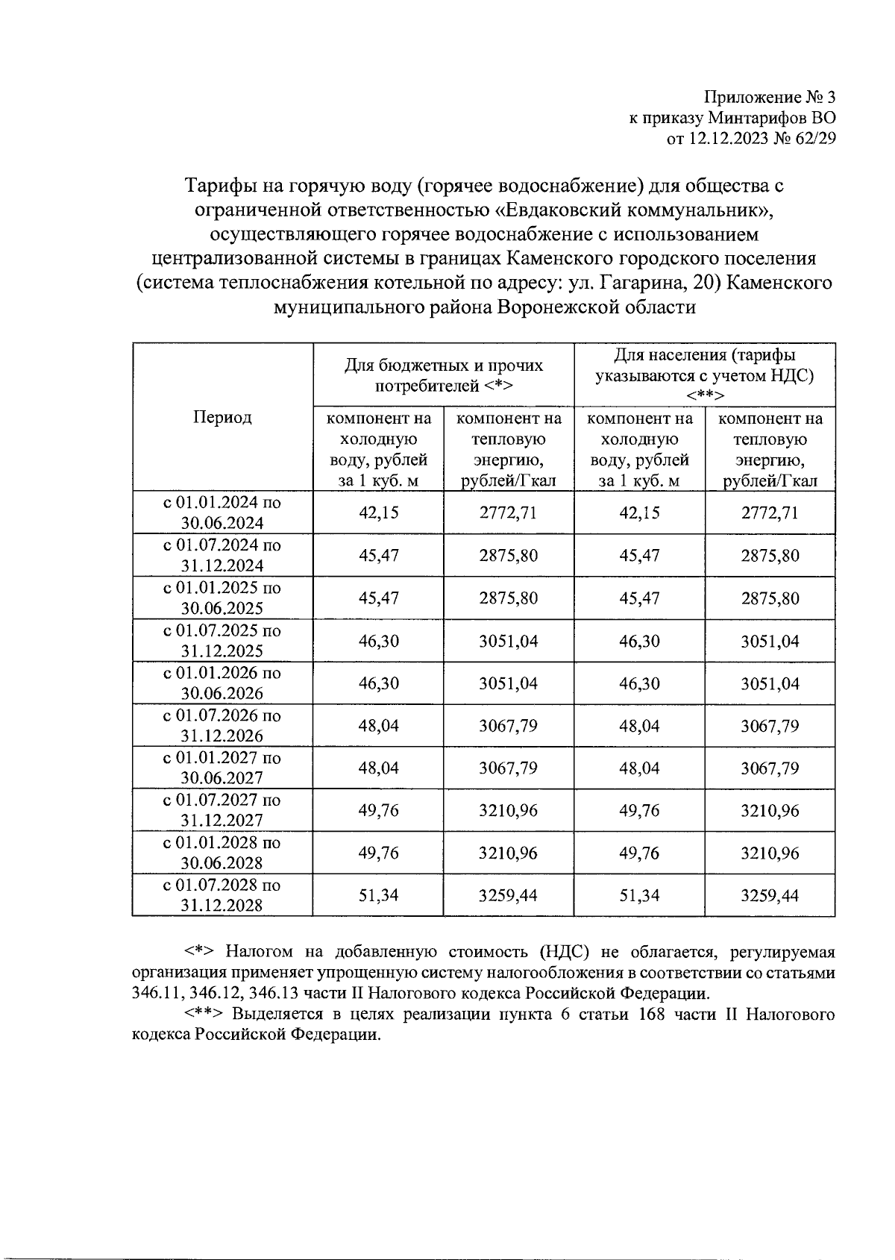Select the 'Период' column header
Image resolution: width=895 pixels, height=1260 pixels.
coord(222,417)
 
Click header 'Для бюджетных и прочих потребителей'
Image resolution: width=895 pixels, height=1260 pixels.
coord(444,375)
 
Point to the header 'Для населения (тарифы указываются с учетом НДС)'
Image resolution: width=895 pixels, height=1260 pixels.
coord(704,374)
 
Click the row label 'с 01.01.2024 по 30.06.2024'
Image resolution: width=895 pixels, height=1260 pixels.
coord(222,513)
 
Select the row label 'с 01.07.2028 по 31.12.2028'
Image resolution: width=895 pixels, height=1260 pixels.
coord(222,895)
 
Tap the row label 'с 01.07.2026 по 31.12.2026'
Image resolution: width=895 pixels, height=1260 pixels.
coord(222,725)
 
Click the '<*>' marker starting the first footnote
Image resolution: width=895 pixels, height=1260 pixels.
coord(201,953)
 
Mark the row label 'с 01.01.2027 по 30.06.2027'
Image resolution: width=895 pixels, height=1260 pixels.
coord(222,768)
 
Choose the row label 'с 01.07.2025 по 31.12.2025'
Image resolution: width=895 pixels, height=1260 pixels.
coord(222,640)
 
